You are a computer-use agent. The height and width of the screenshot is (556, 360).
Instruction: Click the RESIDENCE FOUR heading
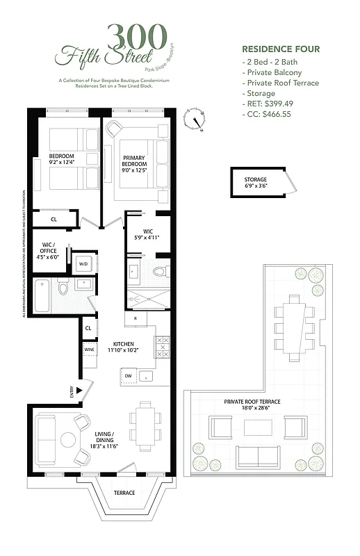[280, 49]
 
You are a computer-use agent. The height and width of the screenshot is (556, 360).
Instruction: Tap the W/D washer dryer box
[83, 263]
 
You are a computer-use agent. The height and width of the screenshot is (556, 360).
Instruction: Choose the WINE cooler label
[88, 350]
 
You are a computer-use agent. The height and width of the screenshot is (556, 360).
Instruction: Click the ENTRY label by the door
[72, 392]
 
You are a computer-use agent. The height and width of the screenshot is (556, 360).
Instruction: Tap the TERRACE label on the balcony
[125, 493]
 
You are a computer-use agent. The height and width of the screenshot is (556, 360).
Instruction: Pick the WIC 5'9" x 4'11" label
[147, 234]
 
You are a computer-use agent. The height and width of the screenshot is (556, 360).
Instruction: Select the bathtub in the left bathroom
[43, 295]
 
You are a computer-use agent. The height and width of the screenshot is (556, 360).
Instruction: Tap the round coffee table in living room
[67, 439]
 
